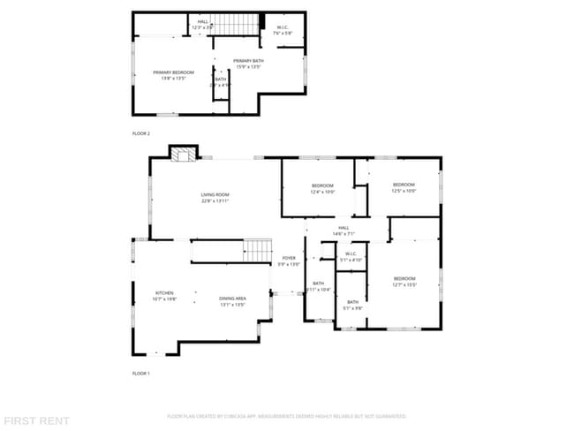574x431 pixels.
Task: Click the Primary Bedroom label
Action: coord(172,75)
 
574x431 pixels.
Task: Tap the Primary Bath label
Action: coord(248,64)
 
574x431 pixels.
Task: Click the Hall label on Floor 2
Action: coord(203,24)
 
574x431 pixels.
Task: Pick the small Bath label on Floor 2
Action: coord(221,82)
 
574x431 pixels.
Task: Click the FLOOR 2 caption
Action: coord(141,133)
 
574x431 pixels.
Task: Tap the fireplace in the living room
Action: coord(184,155)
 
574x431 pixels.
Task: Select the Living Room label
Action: coord(215,197)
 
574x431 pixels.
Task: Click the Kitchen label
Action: coord(165,296)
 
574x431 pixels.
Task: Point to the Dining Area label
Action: coord(232,300)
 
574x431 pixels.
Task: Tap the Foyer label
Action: coord(289,261)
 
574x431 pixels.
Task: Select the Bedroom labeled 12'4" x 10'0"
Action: coord(322,188)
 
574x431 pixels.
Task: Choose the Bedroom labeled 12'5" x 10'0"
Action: coord(403,187)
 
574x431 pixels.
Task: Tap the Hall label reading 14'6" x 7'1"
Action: coord(343,231)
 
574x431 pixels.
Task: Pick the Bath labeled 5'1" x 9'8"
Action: coord(352,306)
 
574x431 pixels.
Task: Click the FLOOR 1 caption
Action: coord(141,374)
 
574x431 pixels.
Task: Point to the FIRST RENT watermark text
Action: coord(35,420)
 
